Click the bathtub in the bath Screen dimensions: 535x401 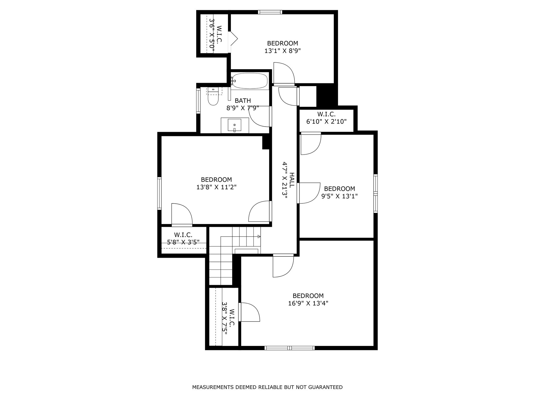pos(250,81)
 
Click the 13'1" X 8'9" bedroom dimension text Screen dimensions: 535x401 pos(283,51)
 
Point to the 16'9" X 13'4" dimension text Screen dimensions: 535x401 pos(308,303)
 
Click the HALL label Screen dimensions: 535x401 pos(292,180)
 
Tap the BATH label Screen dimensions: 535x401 pos(243,101)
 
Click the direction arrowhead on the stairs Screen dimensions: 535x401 pos(259,237)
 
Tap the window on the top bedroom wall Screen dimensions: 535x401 pos(270,12)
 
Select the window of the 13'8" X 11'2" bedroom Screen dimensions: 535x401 pos(159,193)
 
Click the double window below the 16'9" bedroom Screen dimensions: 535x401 pos(289,348)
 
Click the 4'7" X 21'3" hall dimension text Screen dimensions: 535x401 pos(284,180)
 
